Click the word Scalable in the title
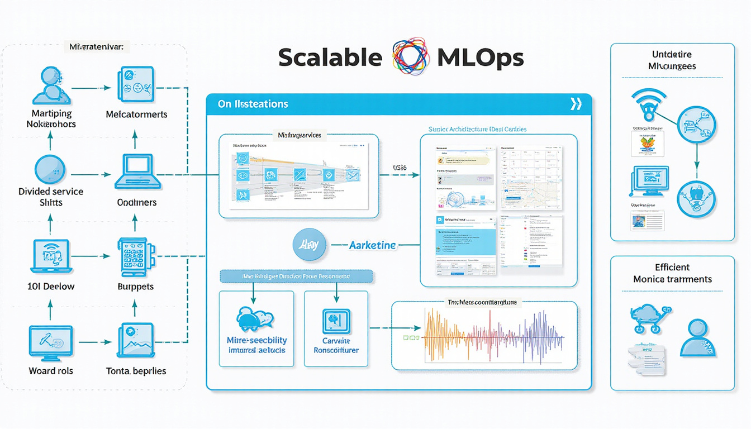330,58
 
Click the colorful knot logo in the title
411,56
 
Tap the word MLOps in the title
481,58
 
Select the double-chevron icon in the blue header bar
576,104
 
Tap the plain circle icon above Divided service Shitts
50,170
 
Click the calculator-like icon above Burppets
133,258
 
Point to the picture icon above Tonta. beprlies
136,340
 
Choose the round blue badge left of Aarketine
309,245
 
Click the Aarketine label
372,245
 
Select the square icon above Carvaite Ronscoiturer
336,322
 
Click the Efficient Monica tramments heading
672,273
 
